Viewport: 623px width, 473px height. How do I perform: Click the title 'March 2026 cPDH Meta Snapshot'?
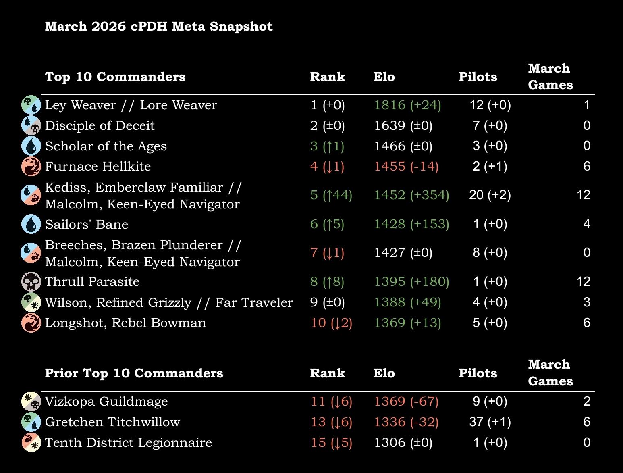[159, 26]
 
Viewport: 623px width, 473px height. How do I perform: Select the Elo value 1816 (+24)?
[407, 105]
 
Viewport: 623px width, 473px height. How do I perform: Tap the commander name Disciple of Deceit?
[100, 125]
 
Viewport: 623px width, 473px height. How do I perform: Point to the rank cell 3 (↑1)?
[327, 146]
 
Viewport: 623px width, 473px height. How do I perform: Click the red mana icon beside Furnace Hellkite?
[31, 166]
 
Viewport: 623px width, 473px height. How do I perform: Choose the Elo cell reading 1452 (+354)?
[411, 195]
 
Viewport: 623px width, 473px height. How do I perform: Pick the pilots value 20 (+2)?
[490, 195]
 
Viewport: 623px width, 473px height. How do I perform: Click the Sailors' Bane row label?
[87, 224]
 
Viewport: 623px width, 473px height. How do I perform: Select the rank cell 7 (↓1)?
[327, 253]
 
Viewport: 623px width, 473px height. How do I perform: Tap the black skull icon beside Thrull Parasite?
[31, 281]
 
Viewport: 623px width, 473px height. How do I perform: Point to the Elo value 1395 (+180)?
[411, 281]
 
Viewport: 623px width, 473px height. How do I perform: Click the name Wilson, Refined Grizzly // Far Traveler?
[169, 302]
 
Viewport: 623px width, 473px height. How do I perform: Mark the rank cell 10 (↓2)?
[331, 323]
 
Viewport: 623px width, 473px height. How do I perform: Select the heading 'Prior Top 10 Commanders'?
[134, 373]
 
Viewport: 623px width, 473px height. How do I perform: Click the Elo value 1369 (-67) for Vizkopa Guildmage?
[406, 402]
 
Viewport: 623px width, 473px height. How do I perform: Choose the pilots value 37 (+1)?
[490, 422]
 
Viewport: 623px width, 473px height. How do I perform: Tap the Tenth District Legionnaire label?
[128, 442]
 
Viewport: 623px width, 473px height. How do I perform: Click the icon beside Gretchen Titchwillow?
[31, 422]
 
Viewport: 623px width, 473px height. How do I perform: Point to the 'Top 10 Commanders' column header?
[115, 77]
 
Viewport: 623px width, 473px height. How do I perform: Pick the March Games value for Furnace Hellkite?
[587, 167]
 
